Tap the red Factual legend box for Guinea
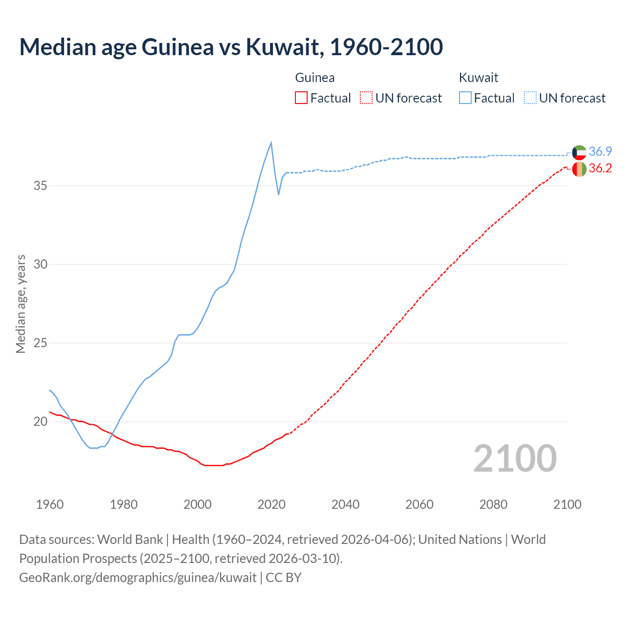tap(301, 98)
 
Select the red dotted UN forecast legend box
tap(366, 98)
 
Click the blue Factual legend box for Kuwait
tap(465, 98)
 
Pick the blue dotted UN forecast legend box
tap(530, 98)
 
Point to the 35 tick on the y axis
tap(41, 186)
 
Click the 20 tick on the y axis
tap(41, 421)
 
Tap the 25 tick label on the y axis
tap(41, 343)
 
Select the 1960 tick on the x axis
tap(50, 504)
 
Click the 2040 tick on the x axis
tap(345, 504)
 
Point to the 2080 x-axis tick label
tap(493, 504)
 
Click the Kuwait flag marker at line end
tap(579, 152)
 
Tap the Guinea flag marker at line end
tap(579, 169)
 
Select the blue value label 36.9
tap(600, 151)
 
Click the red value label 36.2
tap(600, 168)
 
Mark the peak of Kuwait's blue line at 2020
tap(271, 143)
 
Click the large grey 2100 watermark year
tap(515, 458)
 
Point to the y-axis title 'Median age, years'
tap(21, 304)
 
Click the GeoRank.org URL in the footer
tap(138, 578)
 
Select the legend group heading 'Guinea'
tap(315, 78)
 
